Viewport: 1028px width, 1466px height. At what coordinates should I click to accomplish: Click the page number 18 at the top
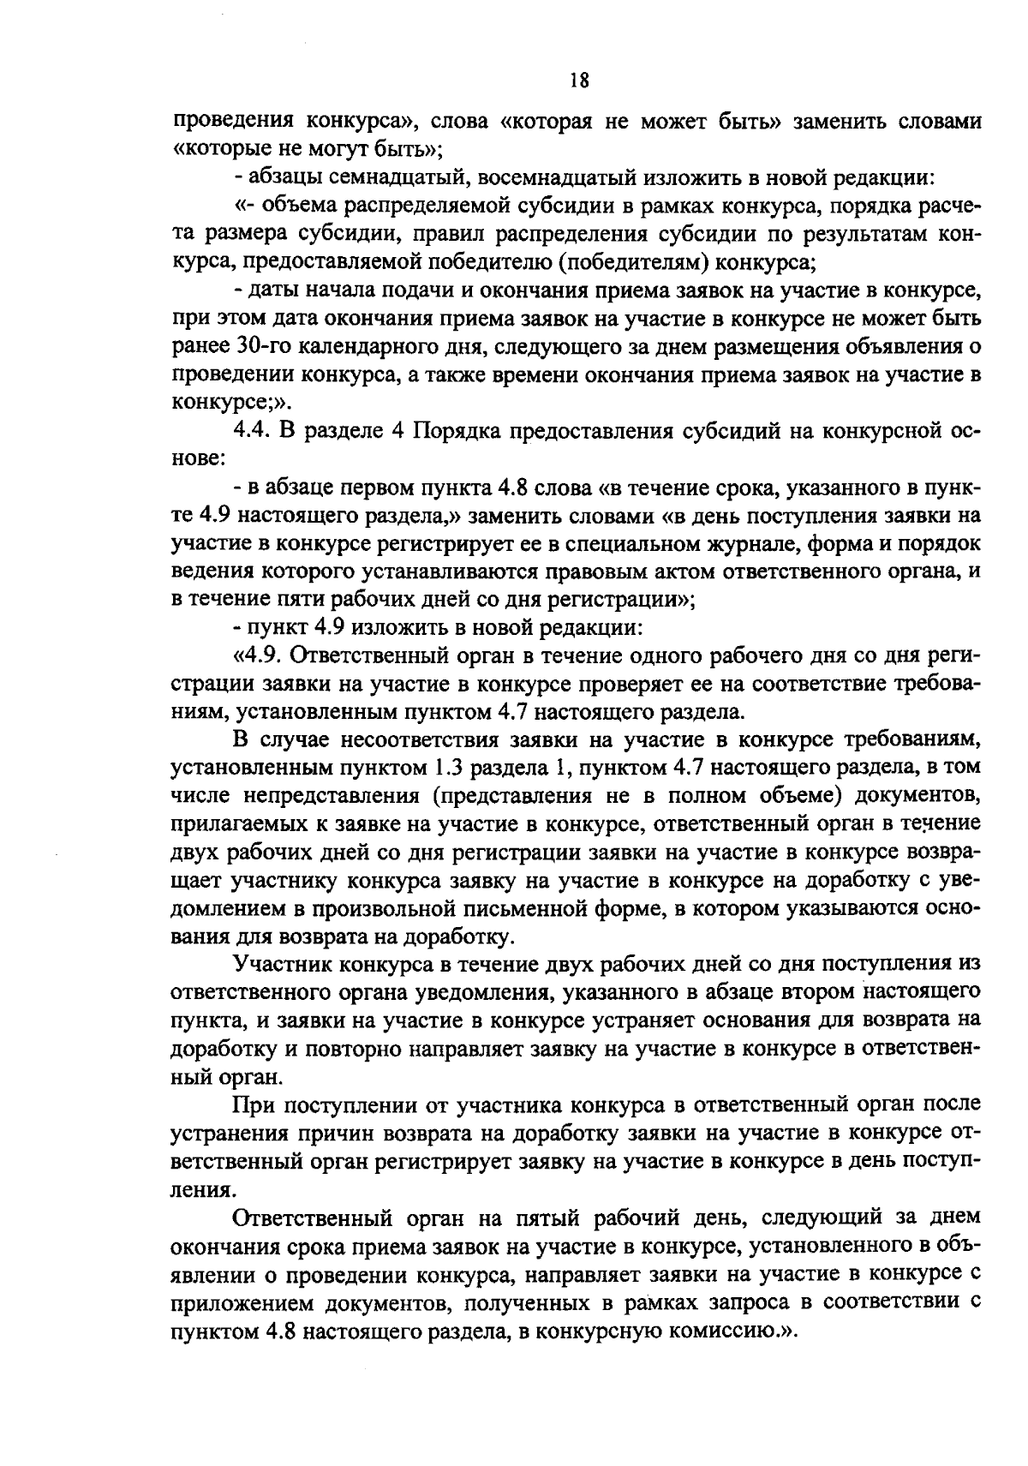[578, 81]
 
